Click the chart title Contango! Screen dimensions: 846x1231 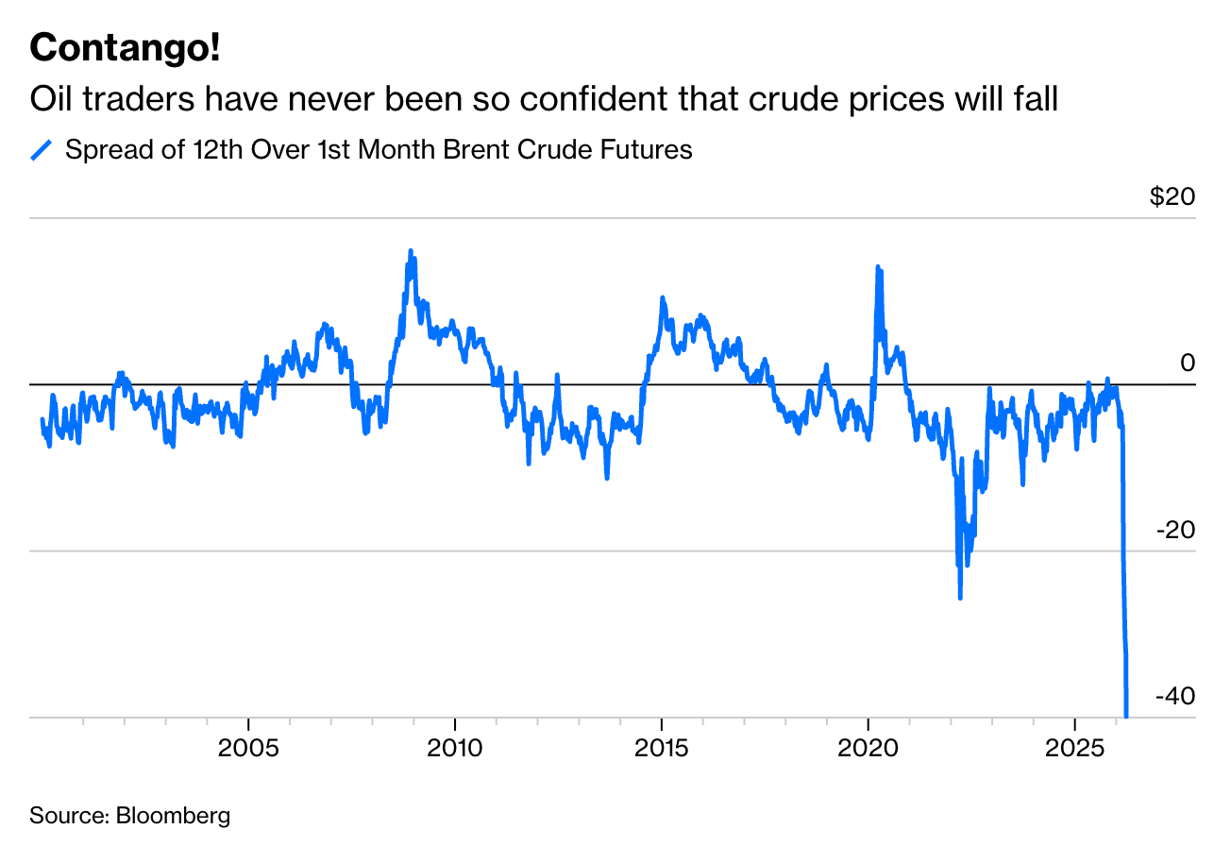pyautogui.click(x=125, y=48)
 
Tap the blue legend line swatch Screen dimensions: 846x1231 pyautogui.click(x=42, y=150)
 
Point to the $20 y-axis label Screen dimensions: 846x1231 pyautogui.click(x=1172, y=197)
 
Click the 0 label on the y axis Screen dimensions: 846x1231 pyautogui.click(x=1188, y=364)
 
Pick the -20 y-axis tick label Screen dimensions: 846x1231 pyautogui.click(x=1175, y=530)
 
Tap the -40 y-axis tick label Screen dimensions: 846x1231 pyautogui.click(x=1175, y=696)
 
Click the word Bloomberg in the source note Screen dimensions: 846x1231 pyautogui.click(x=173, y=815)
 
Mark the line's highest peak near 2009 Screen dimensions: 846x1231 pyautogui.click(x=410, y=251)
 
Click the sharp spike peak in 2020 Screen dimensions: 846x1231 pyautogui.click(x=878, y=268)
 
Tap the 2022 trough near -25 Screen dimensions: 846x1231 pyautogui.click(x=960, y=597)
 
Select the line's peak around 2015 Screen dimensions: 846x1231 pyautogui.click(x=662, y=298)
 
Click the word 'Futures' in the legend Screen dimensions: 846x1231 pyautogui.click(x=649, y=150)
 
